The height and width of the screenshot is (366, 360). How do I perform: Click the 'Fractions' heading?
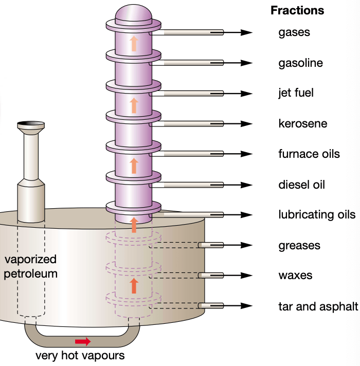click(x=297, y=10)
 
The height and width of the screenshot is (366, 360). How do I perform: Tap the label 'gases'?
click(x=294, y=32)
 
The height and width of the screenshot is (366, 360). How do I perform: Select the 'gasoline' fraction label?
click(x=301, y=63)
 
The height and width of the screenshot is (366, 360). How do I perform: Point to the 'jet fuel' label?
click(x=296, y=93)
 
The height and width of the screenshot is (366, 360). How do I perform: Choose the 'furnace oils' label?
click(x=309, y=154)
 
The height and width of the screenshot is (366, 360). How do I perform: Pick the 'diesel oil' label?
click(x=301, y=185)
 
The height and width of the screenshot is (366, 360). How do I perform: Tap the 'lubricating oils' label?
click(x=317, y=214)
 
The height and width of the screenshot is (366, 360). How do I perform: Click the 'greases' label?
click(x=299, y=245)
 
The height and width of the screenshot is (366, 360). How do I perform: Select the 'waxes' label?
click(x=295, y=276)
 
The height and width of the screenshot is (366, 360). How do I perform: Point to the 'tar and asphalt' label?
click(x=318, y=306)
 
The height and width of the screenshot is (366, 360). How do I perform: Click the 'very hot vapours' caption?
click(x=80, y=355)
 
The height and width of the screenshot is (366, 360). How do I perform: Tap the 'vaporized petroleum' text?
click(x=30, y=266)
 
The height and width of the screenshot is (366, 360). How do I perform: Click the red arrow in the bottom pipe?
click(x=83, y=341)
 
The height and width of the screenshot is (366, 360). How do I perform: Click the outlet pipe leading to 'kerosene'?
click(x=193, y=124)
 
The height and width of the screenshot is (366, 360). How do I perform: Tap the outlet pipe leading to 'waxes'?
click(x=211, y=276)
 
